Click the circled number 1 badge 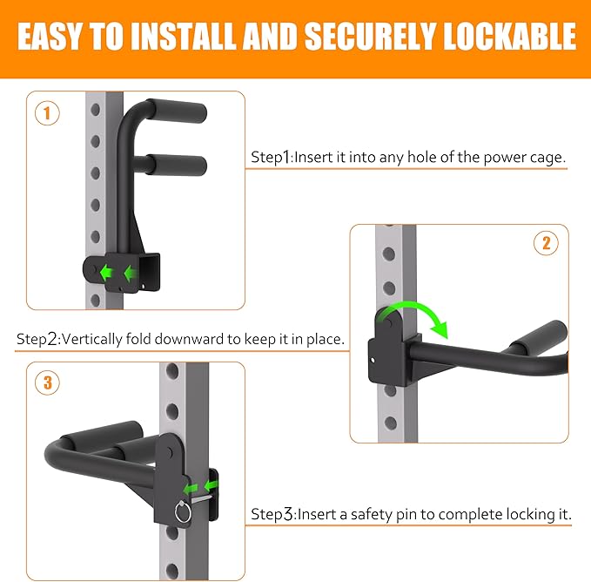(x=48, y=113)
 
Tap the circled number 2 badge (x=546, y=244)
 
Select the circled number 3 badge (x=48, y=382)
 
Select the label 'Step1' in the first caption (x=272, y=158)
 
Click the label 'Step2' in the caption (x=37, y=339)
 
